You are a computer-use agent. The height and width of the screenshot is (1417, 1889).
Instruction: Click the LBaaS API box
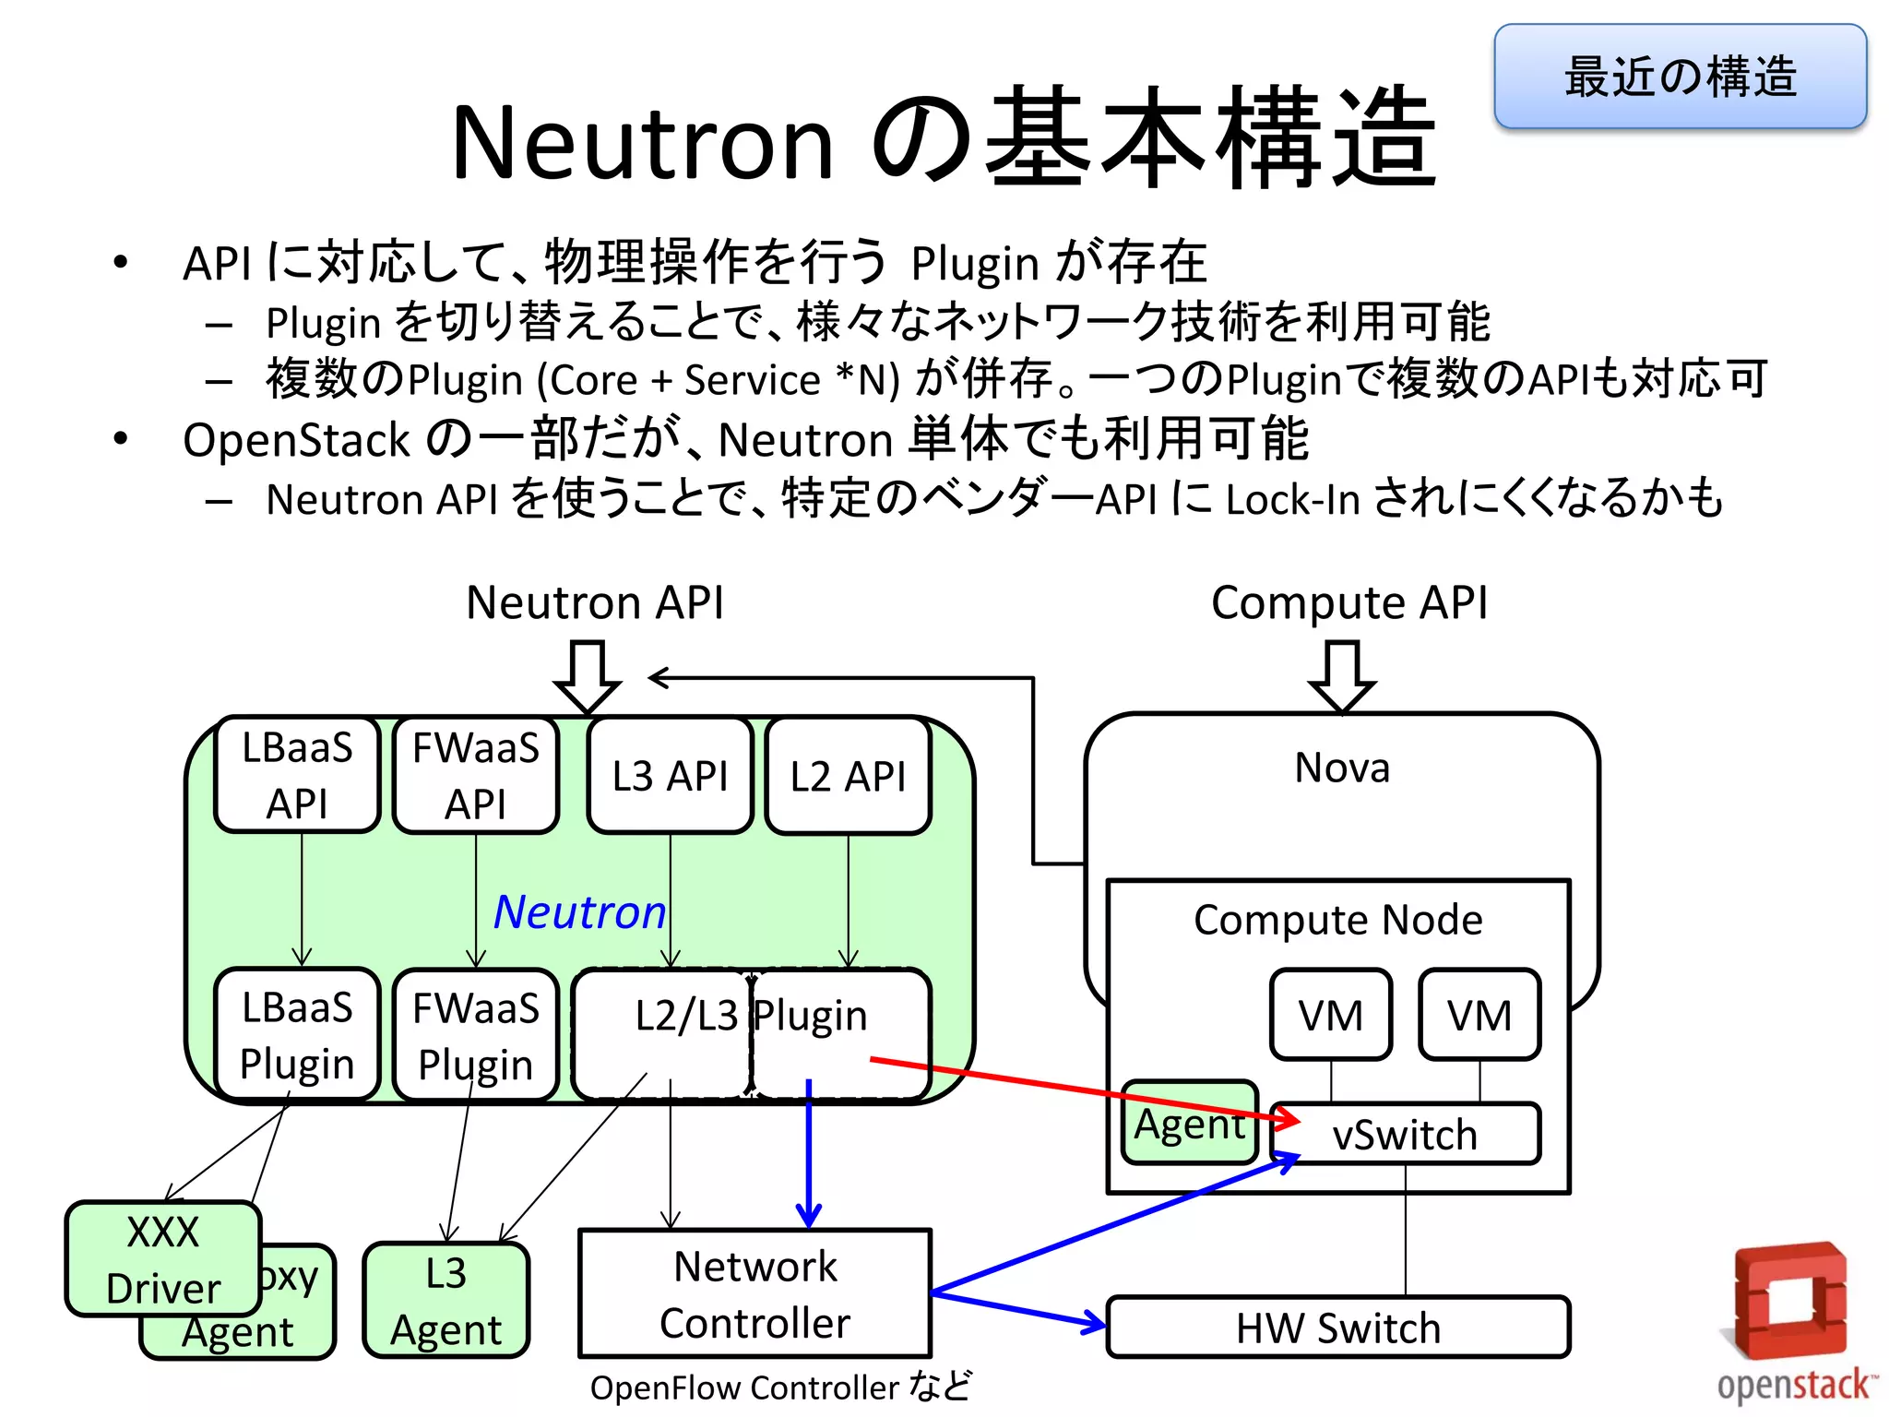tap(297, 775)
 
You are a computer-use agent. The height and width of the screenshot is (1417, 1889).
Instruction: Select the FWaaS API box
tap(476, 775)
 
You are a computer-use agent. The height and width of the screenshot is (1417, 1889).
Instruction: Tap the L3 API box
tap(671, 776)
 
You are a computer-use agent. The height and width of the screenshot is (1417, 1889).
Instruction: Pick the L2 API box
tap(849, 776)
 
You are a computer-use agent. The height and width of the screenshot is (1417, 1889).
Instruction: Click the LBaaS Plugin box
tap(297, 1035)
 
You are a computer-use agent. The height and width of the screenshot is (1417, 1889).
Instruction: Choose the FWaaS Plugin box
tap(476, 1035)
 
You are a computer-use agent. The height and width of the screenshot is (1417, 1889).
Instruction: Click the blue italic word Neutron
tap(579, 912)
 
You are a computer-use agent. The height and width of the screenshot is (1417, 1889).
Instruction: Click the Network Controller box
tap(754, 1293)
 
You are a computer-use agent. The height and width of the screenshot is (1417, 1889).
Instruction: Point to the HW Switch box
tap(1337, 1328)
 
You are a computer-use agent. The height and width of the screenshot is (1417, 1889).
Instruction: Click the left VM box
tap(1330, 1015)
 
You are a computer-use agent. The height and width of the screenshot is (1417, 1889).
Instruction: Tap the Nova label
tap(1342, 768)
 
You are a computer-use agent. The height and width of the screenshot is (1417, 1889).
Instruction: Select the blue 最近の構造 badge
tap(1680, 77)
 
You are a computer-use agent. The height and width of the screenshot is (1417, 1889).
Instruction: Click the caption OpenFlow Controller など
tap(780, 1387)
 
